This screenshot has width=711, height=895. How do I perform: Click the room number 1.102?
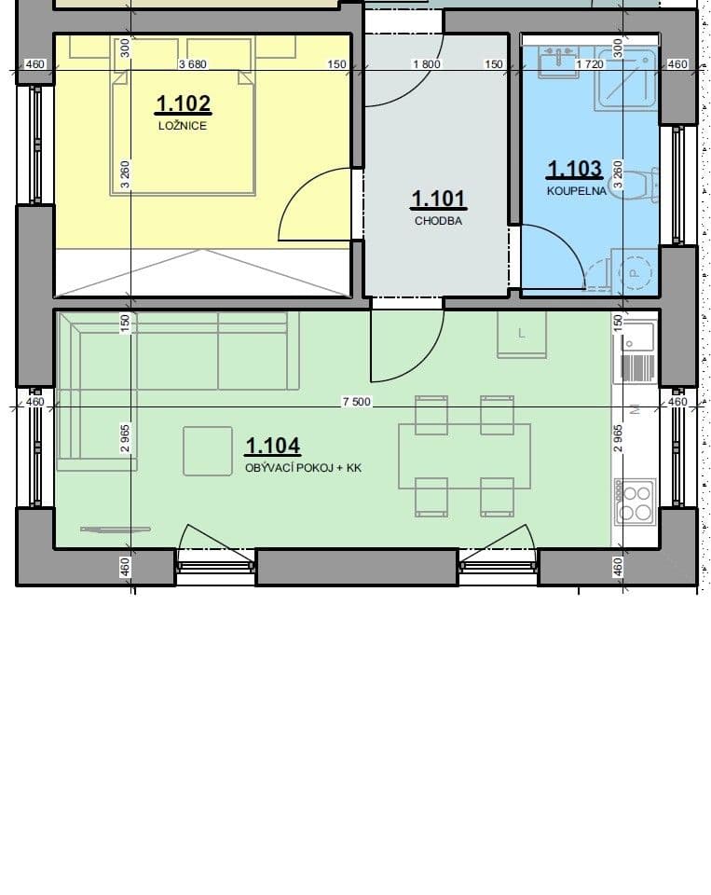coord(183,103)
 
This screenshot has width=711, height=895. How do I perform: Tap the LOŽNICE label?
coord(183,126)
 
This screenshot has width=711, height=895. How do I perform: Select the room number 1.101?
coord(438,199)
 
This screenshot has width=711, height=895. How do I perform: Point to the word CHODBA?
coord(438,221)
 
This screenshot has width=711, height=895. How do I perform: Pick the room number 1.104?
coord(272,447)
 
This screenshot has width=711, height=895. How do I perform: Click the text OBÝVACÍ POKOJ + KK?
coord(303,469)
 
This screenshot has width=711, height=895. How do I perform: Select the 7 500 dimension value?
coord(357,402)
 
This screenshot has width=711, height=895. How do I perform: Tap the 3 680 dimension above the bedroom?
coord(192,64)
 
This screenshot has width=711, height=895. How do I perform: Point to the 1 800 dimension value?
coord(426,64)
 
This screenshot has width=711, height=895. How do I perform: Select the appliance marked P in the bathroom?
coord(634,271)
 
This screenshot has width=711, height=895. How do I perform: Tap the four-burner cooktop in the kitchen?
coord(636,503)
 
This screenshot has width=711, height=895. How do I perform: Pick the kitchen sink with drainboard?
coord(635,352)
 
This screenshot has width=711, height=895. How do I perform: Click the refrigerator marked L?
coord(521,334)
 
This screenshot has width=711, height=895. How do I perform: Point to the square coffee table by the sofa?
coord(208,451)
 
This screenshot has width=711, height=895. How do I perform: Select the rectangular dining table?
coord(465,456)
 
